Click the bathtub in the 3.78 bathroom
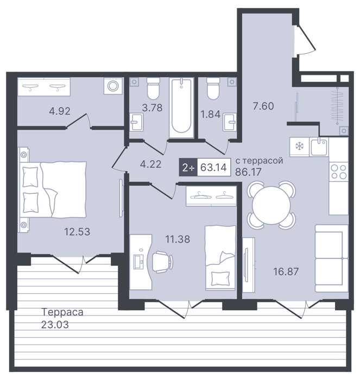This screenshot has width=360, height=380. click(x=181, y=107)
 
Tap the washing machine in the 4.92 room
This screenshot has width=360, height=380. click(x=113, y=86)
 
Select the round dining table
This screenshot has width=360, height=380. click(x=271, y=205)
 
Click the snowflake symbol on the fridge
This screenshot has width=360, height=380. click(x=299, y=147)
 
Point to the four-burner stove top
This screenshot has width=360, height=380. click(x=339, y=172)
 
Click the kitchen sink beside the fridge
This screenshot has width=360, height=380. click(x=319, y=147)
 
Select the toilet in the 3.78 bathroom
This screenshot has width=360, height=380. click(x=154, y=88)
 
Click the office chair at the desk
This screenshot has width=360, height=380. click(x=162, y=262)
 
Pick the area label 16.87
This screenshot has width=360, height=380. click(x=286, y=271)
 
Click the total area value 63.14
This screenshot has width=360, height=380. click(x=213, y=167)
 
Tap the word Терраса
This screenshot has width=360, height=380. click(x=62, y=312)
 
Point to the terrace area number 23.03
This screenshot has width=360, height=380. click(x=55, y=325)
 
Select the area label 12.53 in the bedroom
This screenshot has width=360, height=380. click(x=77, y=232)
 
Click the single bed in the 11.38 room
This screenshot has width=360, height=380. click(x=220, y=258)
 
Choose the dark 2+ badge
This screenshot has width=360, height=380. click(x=188, y=167)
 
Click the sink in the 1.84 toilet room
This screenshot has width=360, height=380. click(x=230, y=122)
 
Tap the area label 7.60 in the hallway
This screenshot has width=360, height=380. click(x=263, y=106)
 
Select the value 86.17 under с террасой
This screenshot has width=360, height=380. click(x=248, y=172)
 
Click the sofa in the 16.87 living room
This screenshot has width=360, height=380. click(x=331, y=258)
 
